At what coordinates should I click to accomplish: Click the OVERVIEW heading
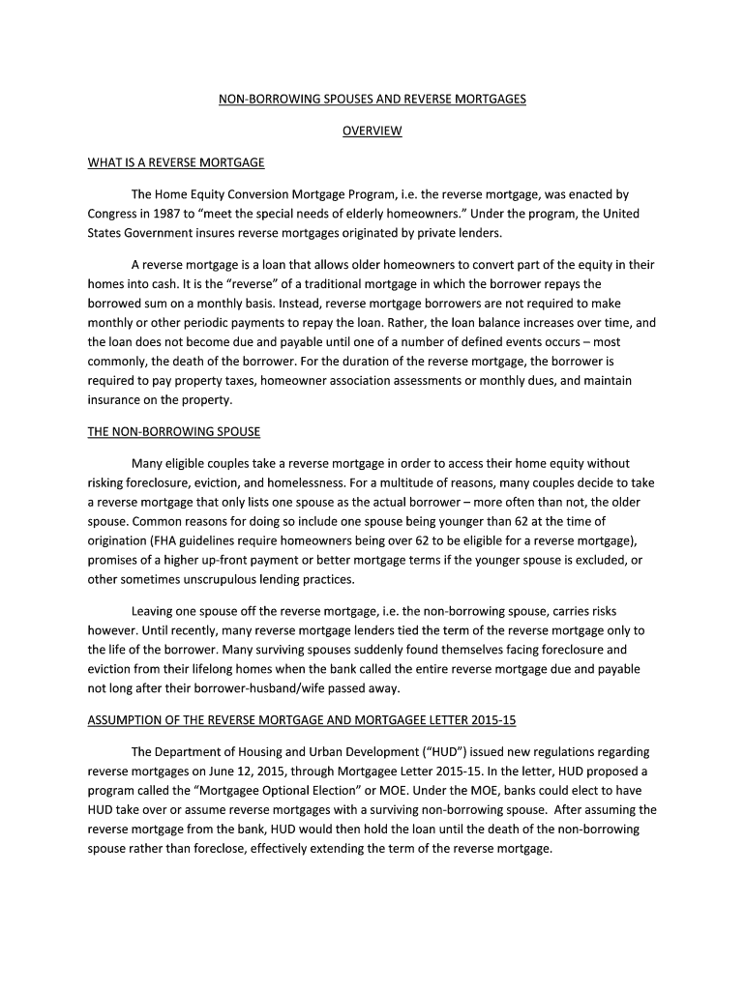click(x=372, y=131)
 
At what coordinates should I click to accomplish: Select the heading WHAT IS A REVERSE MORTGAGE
click(x=176, y=161)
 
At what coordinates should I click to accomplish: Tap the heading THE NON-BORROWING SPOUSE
click(x=174, y=431)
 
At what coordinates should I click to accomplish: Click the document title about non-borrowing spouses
click(x=372, y=100)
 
